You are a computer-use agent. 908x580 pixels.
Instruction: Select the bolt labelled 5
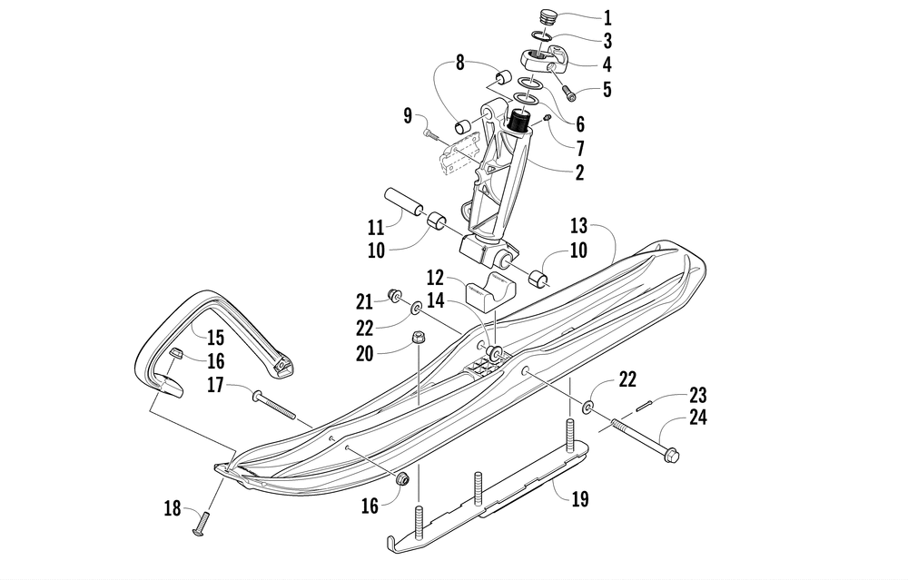click(567, 93)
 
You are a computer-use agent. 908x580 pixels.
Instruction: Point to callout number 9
click(409, 115)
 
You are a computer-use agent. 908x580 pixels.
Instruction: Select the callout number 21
click(364, 300)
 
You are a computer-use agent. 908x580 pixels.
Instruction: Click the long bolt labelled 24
click(645, 437)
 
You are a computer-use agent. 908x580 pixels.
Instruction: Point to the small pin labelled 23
click(646, 405)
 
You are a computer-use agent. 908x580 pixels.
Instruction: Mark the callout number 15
click(214, 338)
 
